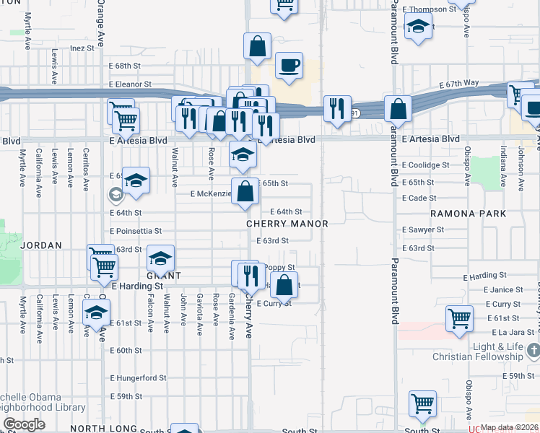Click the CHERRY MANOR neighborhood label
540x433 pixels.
pos(287,224)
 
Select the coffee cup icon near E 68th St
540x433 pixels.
pos(288,66)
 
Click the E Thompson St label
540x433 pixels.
pos(430,9)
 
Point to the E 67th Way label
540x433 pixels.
pos(460,83)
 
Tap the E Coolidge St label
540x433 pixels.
pos(427,165)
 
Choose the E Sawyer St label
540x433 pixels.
pos(423,229)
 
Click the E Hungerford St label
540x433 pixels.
pos(138,377)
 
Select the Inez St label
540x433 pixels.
pos(83,48)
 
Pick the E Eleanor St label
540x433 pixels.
pos(130,84)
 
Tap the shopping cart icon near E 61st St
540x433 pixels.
pos(459,318)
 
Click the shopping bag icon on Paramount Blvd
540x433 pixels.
pos(398,109)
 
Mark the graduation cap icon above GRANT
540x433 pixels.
pos(160,258)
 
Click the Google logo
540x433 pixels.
pos(24,424)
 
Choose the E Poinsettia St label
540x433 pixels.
pos(136,232)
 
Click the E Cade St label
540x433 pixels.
pos(419,198)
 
